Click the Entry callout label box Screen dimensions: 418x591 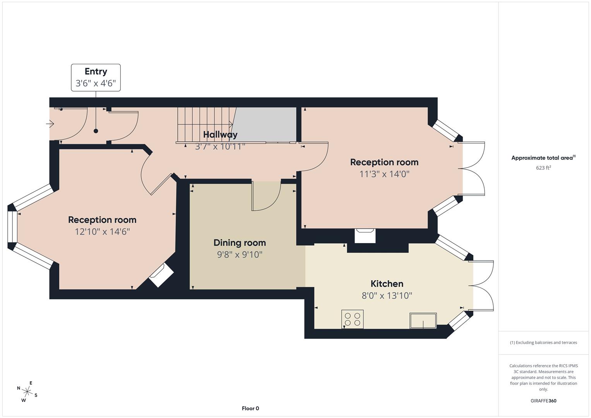[x=96, y=77]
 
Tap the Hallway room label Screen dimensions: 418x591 [x=220, y=135]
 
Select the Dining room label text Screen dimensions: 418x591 [x=240, y=243]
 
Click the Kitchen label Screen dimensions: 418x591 [x=387, y=284]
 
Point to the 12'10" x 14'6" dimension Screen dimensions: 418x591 [x=102, y=232]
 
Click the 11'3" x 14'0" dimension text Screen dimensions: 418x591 [x=384, y=174]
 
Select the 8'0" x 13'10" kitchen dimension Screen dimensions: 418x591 [x=387, y=296]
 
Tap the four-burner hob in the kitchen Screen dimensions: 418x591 [x=352, y=319]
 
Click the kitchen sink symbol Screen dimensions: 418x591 [x=423, y=320]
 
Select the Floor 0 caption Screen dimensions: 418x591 [x=250, y=408]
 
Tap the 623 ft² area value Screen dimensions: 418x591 [x=543, y=168]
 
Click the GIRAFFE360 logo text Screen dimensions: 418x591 [x=543, y=401]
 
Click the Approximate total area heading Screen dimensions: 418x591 [x=543, y=158]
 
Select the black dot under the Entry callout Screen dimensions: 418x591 [x=96, y=131]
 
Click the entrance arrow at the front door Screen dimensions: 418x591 [x=50, y=124]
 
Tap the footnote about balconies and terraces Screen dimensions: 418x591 [x=543, y=343]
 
